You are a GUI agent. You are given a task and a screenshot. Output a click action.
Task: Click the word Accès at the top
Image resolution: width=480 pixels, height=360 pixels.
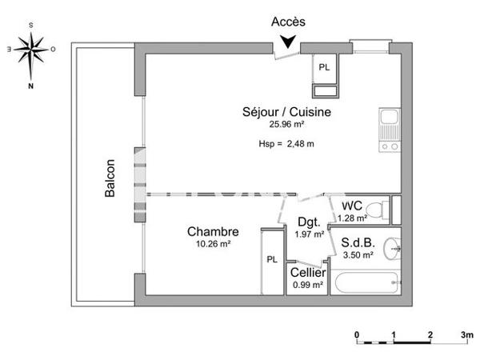point(288,22)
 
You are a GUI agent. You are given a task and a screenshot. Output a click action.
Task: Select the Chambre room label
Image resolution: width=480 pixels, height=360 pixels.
point(214,232)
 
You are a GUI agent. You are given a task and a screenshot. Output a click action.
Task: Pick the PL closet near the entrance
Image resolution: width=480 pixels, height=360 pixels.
point(324,67)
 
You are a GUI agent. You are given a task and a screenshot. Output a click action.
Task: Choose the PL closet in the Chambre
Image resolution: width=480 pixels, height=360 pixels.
point(272,258)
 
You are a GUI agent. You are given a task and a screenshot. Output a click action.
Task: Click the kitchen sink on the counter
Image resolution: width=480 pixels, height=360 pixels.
point(389,124)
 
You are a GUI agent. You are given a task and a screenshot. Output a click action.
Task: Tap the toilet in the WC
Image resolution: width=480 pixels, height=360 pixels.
point(386,210)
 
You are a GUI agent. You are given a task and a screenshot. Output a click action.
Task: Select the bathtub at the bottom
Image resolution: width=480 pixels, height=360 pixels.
point(365,283)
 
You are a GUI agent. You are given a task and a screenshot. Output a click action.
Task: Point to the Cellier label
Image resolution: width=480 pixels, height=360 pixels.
point(308,274)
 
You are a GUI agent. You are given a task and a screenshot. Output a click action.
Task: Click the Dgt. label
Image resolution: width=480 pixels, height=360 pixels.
point(309,222)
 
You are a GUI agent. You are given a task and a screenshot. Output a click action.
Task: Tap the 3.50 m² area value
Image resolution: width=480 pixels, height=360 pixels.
point(358,255)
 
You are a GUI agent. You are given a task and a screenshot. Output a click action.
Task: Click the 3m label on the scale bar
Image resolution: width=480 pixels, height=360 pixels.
point(467,334)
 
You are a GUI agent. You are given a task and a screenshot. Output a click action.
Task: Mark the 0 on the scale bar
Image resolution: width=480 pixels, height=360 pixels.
point(357,334)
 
